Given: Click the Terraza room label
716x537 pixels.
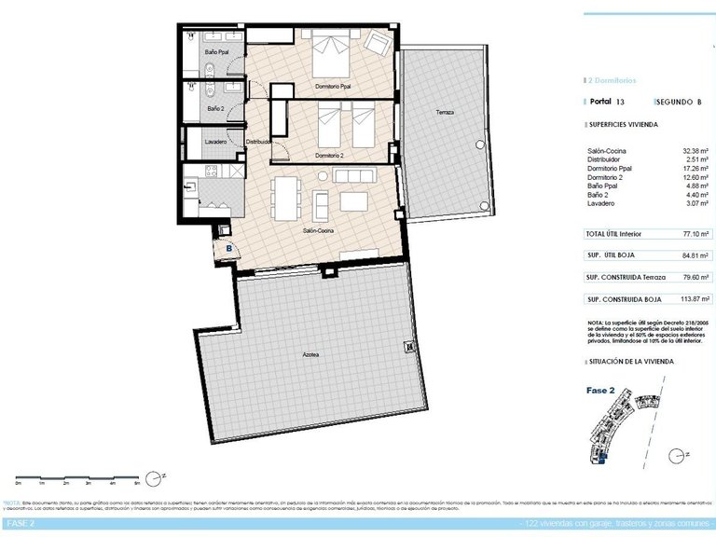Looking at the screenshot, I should [445, 113].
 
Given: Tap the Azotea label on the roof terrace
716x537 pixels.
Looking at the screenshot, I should [310, 354].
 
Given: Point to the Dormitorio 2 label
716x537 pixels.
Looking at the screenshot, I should [330, 155].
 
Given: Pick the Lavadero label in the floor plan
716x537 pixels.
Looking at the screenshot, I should [215, 142].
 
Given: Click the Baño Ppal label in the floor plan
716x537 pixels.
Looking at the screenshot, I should [218, 52].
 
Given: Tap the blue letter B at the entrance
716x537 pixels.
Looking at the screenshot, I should [228, 248].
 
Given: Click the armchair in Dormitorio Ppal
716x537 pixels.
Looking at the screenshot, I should [376, 42].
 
